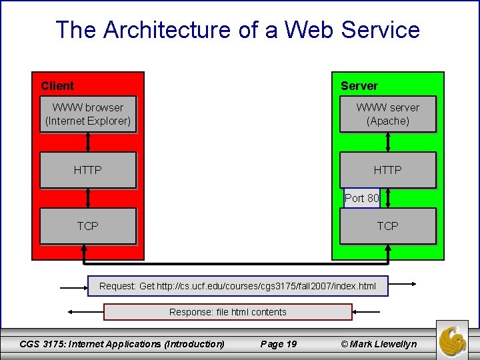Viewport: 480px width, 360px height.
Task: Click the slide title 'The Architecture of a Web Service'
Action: tap(237, 30)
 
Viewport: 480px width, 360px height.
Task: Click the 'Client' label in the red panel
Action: tap(57, 86)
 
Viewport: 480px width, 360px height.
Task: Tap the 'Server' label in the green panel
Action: tap(359, 86)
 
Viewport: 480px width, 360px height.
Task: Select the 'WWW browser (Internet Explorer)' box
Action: tap(88, 114)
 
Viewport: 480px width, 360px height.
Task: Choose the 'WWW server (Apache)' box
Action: tap(387, 114)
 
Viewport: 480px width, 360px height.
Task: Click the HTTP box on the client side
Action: tap(88, 170)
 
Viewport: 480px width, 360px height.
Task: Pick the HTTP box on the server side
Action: tap(387, 170)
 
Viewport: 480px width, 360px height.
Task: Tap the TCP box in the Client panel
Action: tap(88, 226)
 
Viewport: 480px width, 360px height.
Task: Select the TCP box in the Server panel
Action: tap(387, 226)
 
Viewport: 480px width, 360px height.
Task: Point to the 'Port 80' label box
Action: tap(361, 198)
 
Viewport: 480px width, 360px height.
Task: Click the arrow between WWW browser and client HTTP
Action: tap(88, 142)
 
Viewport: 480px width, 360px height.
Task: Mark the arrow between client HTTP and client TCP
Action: tap(88, 198)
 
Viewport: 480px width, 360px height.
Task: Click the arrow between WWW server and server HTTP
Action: tap(389, 142)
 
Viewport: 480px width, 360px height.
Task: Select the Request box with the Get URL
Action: tap(237, 287)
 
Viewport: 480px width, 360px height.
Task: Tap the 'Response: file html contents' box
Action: tap(227, 312)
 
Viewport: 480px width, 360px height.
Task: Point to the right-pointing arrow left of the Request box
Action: tap(73, 287)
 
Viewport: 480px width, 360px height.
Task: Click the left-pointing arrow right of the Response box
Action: tap(366, 312)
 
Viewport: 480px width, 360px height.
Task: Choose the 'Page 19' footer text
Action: tap(279, 344)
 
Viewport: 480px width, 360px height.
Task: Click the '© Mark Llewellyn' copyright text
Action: tap(378, 344)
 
